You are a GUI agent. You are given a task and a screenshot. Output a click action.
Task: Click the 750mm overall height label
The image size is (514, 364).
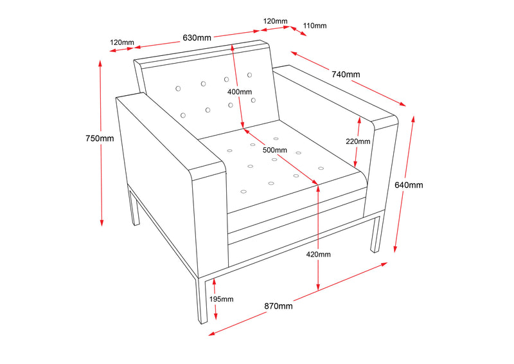click(100, 138)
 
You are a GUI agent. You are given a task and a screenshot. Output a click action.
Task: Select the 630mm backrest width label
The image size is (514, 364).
click(197, 37)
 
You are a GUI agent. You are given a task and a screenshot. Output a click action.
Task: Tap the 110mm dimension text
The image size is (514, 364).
click(314, 26)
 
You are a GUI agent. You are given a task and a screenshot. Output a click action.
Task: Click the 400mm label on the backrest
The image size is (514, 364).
click(240, 91)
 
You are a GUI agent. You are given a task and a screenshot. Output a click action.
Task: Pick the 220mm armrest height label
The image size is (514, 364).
click(358, 141)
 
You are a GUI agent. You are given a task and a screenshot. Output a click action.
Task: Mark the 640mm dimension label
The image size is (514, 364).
click(409, 185)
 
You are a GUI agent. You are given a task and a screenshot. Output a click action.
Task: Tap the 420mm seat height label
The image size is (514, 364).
click(318, 255)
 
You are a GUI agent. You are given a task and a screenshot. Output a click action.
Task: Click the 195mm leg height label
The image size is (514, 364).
click(221, 299)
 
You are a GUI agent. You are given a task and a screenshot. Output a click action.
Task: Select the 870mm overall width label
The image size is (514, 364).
click(278, 306)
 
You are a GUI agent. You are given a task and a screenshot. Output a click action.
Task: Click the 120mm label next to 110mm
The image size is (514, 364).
click(274, 21)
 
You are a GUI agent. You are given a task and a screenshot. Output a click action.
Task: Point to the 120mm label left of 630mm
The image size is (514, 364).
click(122, 42)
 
